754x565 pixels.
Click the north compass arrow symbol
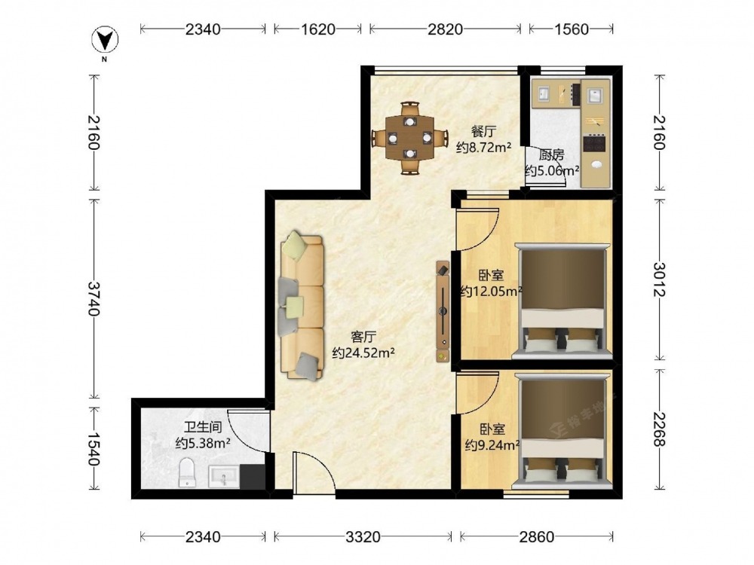tap(105, 40)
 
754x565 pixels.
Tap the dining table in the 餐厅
tap(409, 138)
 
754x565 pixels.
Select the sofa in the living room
tap(302, 306)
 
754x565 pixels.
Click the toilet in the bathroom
tap(186, 473)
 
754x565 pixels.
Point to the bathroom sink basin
tap(224, 478)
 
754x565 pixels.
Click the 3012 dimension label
tap(659, 279)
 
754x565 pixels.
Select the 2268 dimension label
tap(659, 429)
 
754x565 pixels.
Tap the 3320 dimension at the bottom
tap(363, 536)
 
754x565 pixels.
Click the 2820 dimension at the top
tap(445, 29)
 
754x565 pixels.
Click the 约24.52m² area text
tap(363, 353)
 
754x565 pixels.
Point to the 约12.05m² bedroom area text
tap(492, 291)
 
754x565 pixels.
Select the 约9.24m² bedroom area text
tap(492, 445)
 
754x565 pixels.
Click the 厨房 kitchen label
tap(551, 155)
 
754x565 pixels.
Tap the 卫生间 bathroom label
tap(202, 426)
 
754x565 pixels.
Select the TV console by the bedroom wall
tap(443, 311)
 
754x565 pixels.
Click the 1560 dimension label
tap(572, 29)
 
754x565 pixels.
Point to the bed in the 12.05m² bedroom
tap(562, 302)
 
